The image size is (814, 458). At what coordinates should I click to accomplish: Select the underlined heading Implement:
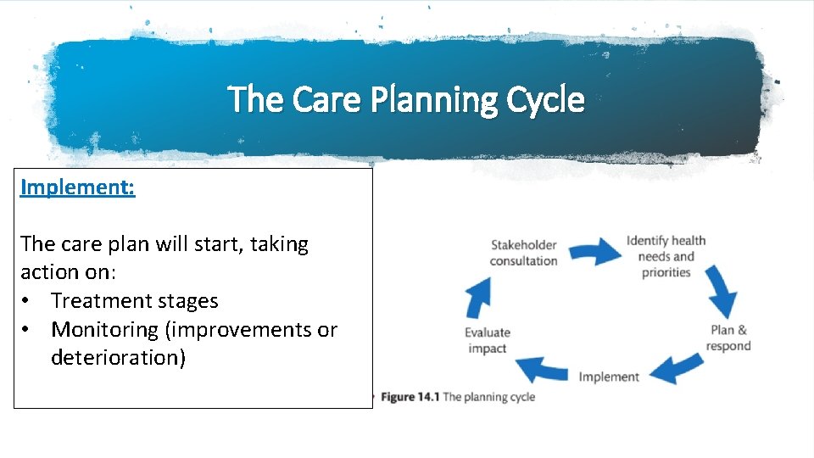(77, 187)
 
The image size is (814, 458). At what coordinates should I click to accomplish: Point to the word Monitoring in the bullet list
(111, 329)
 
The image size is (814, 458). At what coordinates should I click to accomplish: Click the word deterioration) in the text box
(118, 358)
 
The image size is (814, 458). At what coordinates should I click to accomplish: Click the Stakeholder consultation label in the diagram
(523, 253)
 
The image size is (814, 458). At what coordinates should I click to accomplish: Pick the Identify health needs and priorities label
(666, 256)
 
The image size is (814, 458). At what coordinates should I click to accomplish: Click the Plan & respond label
(728, 338)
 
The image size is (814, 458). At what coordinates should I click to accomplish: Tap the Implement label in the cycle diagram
(609, 377)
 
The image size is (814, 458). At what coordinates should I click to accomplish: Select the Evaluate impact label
(487, 340)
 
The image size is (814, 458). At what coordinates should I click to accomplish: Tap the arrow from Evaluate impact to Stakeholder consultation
(477, 297)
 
